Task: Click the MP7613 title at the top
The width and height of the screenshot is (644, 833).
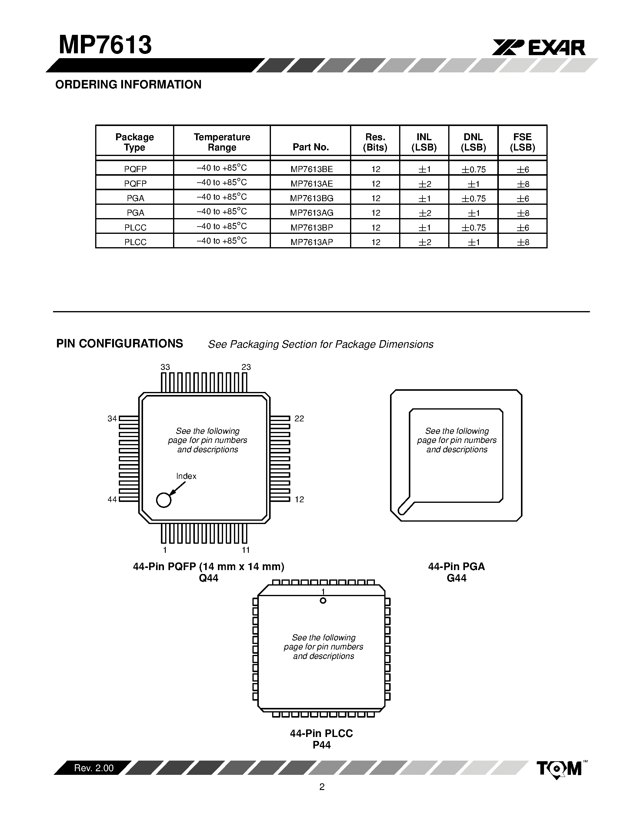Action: pos(105,45)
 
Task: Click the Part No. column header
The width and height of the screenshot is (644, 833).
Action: pos(311,147)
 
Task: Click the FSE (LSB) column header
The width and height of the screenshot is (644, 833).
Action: pos(522,142)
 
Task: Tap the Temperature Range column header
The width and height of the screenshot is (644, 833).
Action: pos(222,142)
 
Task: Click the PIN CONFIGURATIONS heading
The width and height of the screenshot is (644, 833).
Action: pos(119,344)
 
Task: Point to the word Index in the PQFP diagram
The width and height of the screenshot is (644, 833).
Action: pos(186,476)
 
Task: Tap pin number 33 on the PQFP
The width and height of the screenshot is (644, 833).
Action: pos(165,367)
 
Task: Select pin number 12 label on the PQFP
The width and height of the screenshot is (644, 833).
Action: pos(299,499)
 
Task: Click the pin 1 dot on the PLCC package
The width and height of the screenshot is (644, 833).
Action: pos(323,601)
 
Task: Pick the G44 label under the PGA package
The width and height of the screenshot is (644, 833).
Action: pos(456,578)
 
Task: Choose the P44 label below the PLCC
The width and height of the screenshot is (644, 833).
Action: pos(321,745)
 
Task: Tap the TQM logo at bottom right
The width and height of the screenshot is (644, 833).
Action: pos(559,768)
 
